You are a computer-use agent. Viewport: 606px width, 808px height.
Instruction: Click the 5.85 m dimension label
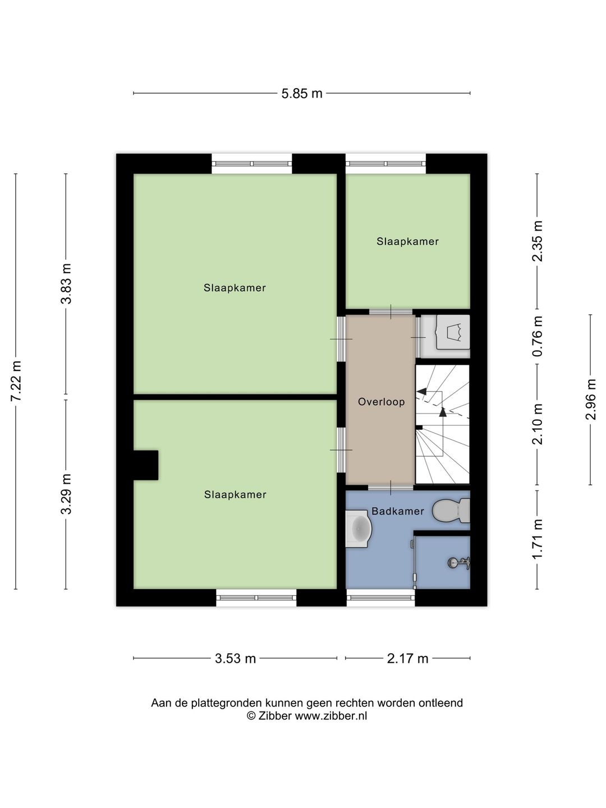coord(302,94)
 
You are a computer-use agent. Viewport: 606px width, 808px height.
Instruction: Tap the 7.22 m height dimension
coord(17,381)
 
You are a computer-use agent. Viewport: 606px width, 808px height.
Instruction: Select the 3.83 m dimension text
coord(66,284)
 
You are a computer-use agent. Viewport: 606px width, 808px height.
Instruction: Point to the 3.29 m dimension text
coord(66,494)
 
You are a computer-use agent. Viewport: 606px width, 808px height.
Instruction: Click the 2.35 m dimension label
coord(538,241)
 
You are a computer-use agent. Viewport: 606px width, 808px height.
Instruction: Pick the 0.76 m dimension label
coord(538,337)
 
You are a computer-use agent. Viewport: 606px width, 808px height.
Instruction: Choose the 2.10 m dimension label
coord(538,424)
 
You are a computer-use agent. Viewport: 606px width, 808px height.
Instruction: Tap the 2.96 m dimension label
coord(590,400)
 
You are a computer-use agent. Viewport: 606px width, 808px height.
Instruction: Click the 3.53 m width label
coord(235,658)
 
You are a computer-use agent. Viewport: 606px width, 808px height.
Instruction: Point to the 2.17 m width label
coord(408,658)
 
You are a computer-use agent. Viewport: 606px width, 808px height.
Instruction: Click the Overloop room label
coord(381,402)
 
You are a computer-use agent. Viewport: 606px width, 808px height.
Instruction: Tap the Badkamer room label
coord(398,511)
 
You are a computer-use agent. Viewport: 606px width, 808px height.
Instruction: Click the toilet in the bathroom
coord(451,511)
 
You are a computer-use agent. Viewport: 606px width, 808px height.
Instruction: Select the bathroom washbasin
coord(359,529)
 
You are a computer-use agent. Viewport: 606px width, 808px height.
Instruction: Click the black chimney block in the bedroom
coord(146,465)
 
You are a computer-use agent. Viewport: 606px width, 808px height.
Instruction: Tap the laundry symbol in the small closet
coord(453,332)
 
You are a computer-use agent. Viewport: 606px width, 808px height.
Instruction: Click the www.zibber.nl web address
coord(331,715)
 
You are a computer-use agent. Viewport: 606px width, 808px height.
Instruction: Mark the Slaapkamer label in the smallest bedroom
coord(408,241)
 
